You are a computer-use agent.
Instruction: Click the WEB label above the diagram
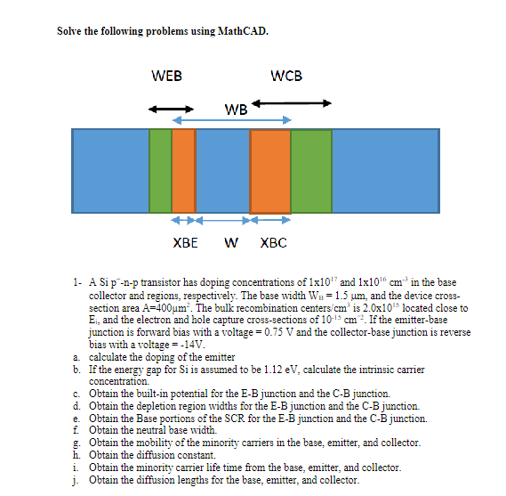[167, 76]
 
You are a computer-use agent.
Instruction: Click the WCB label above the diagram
[285, 76]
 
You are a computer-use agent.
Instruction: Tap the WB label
[237, 110]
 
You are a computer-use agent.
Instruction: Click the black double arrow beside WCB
[293, 103]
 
